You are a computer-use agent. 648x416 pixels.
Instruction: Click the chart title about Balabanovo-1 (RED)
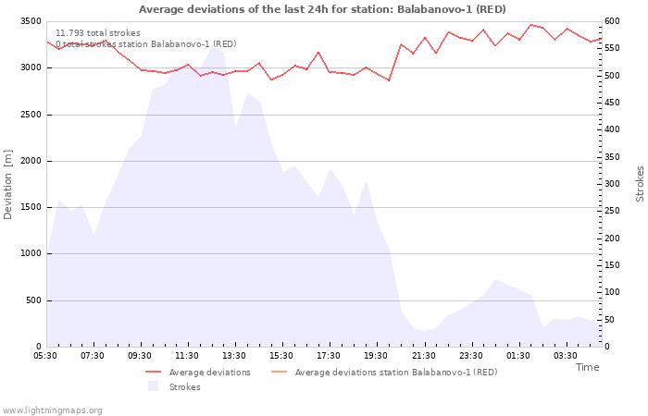pos(322,9)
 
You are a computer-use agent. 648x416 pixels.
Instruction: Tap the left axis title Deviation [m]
pos(8,185)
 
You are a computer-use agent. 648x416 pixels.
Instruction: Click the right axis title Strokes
pos(640,184)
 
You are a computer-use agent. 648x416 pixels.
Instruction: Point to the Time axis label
pos(587,367)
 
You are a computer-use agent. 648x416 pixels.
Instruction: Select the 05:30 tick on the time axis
pos(45,356)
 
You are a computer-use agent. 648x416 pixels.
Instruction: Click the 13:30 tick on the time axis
pos(234,356)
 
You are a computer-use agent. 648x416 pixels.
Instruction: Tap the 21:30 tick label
pos(424,356)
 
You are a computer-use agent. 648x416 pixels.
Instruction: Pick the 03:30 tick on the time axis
pos(566,356)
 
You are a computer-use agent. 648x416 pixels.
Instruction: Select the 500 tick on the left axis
pos(32,300)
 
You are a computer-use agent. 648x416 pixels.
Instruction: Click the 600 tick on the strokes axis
pos(613,21)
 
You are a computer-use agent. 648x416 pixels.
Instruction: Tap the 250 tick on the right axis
pos(613,211)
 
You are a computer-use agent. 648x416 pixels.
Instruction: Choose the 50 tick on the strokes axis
pos(610,320)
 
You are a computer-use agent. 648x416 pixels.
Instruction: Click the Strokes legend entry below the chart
pos(184,387)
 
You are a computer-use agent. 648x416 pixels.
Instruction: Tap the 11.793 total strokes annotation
pos(98,33)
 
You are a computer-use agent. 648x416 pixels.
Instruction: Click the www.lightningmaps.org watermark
pos(53,410)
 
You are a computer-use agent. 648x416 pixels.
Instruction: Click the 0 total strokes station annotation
pos(145,44)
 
